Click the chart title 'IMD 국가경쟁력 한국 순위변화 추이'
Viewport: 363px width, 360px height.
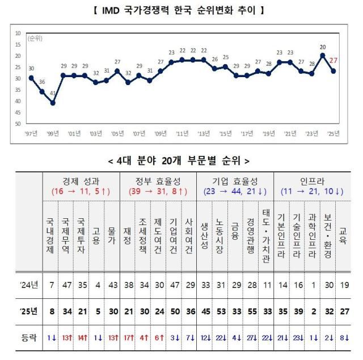coord(181,10)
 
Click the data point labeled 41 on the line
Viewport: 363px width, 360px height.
coord(53,103)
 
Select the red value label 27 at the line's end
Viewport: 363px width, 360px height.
coord(334,61)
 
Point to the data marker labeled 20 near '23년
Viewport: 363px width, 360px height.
coord(323,56)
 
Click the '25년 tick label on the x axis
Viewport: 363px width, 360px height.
coord(334,134)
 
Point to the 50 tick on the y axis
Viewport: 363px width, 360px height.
coord(18,124)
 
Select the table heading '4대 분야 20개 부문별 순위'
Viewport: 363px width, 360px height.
coord(181,161)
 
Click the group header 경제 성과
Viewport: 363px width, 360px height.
coord(82,181)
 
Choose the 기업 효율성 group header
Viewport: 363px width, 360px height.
coord(235,181)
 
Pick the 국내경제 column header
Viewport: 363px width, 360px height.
coord(51,233)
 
